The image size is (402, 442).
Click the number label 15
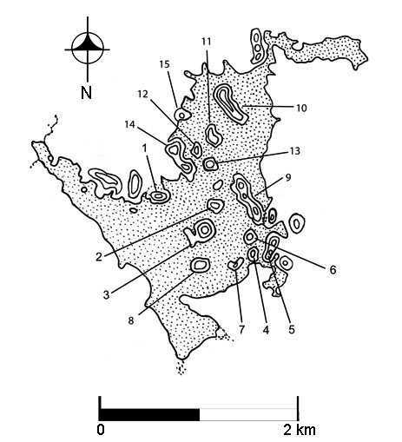(x=164, y=64)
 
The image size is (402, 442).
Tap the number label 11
(x=207, y=42)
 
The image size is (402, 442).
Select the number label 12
(x=142, y=94)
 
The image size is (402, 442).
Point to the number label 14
(x=130, y=125)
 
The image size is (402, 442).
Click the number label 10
(x=301, y=108)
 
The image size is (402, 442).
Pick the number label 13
(x=294, y=151)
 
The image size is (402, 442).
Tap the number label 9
(x=287, y=177)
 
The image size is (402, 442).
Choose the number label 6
(x=333, y=270)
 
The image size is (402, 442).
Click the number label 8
(x=131, y=320)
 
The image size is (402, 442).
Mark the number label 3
(x=106, y=295)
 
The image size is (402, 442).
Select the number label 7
(x=241, y=329)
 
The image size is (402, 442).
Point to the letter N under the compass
(x=86, y=93)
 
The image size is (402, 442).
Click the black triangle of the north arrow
(x=88, y=44)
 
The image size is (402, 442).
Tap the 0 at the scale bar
(x=101, y=430)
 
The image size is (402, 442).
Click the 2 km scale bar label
(x=299, y=430)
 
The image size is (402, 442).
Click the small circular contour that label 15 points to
(x=181, y=115)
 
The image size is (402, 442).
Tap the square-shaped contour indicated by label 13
(x=210, y=164)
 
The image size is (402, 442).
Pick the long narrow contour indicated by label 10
(x=230, y=104)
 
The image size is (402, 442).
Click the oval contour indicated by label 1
(x=158, y=196)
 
